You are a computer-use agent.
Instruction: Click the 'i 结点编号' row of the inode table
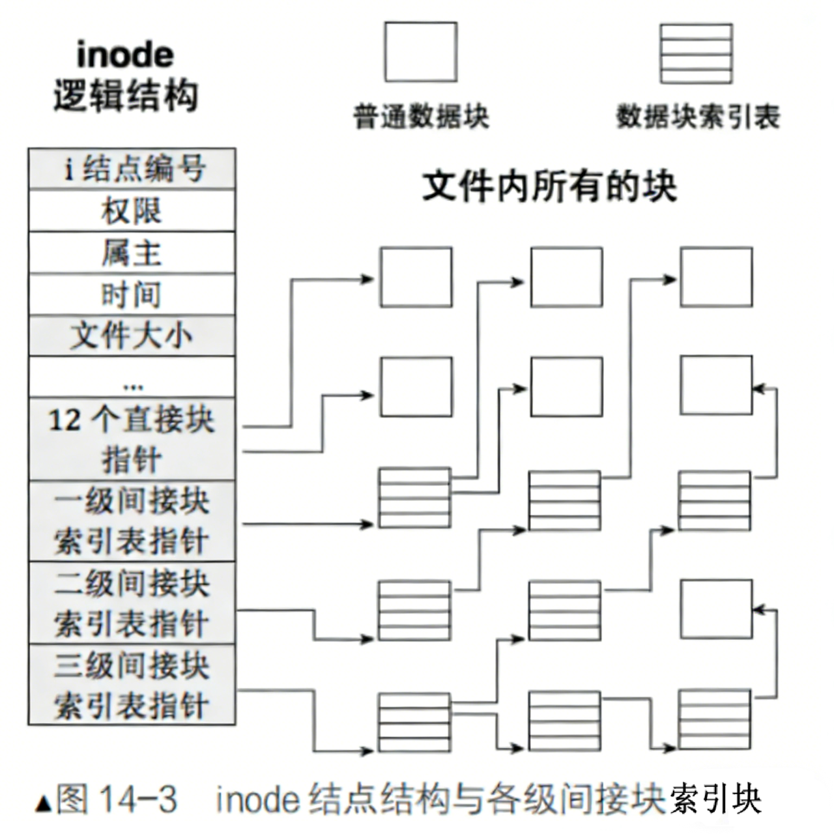(132, 169)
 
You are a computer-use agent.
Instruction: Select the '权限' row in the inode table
(132, 211)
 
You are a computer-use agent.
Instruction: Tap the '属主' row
(132, 253)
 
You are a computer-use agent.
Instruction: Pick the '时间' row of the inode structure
(132, 295)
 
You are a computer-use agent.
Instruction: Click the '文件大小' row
(132, 336)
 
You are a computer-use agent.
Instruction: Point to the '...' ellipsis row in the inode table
(132, 378)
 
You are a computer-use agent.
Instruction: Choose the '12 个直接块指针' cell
(132, 439)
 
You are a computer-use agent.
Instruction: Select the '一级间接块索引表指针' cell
(132, 521)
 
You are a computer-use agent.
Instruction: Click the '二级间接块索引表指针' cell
(132, 603)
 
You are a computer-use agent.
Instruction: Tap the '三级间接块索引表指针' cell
(132, 685)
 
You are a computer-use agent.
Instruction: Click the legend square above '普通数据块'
(420, 52)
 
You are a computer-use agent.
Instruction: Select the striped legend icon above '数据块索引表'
(696, 53)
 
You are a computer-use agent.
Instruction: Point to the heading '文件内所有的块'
(549, 187)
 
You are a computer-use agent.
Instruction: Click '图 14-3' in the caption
(117, 799)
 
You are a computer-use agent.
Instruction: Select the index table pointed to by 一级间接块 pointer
(415, 498)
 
